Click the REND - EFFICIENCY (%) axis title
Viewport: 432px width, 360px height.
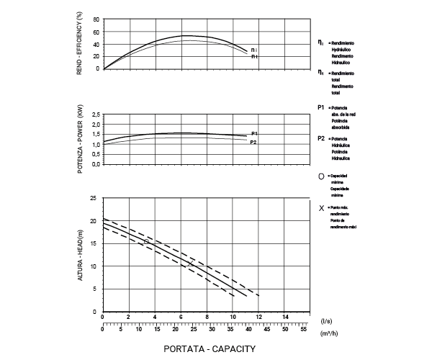[79, 42]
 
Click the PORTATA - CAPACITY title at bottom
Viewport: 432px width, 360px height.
[210, 348]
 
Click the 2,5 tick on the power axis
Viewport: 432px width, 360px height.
[95, 114]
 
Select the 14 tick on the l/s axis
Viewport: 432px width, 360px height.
[285, 318]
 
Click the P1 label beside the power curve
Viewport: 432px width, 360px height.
[255, 134]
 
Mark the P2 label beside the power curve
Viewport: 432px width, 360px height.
[253, 143]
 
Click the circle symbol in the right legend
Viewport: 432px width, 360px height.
[320, 176]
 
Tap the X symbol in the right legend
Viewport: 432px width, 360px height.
[320, 207]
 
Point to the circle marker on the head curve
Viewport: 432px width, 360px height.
[147, 242]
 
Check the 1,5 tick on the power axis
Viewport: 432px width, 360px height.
[95, 134]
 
